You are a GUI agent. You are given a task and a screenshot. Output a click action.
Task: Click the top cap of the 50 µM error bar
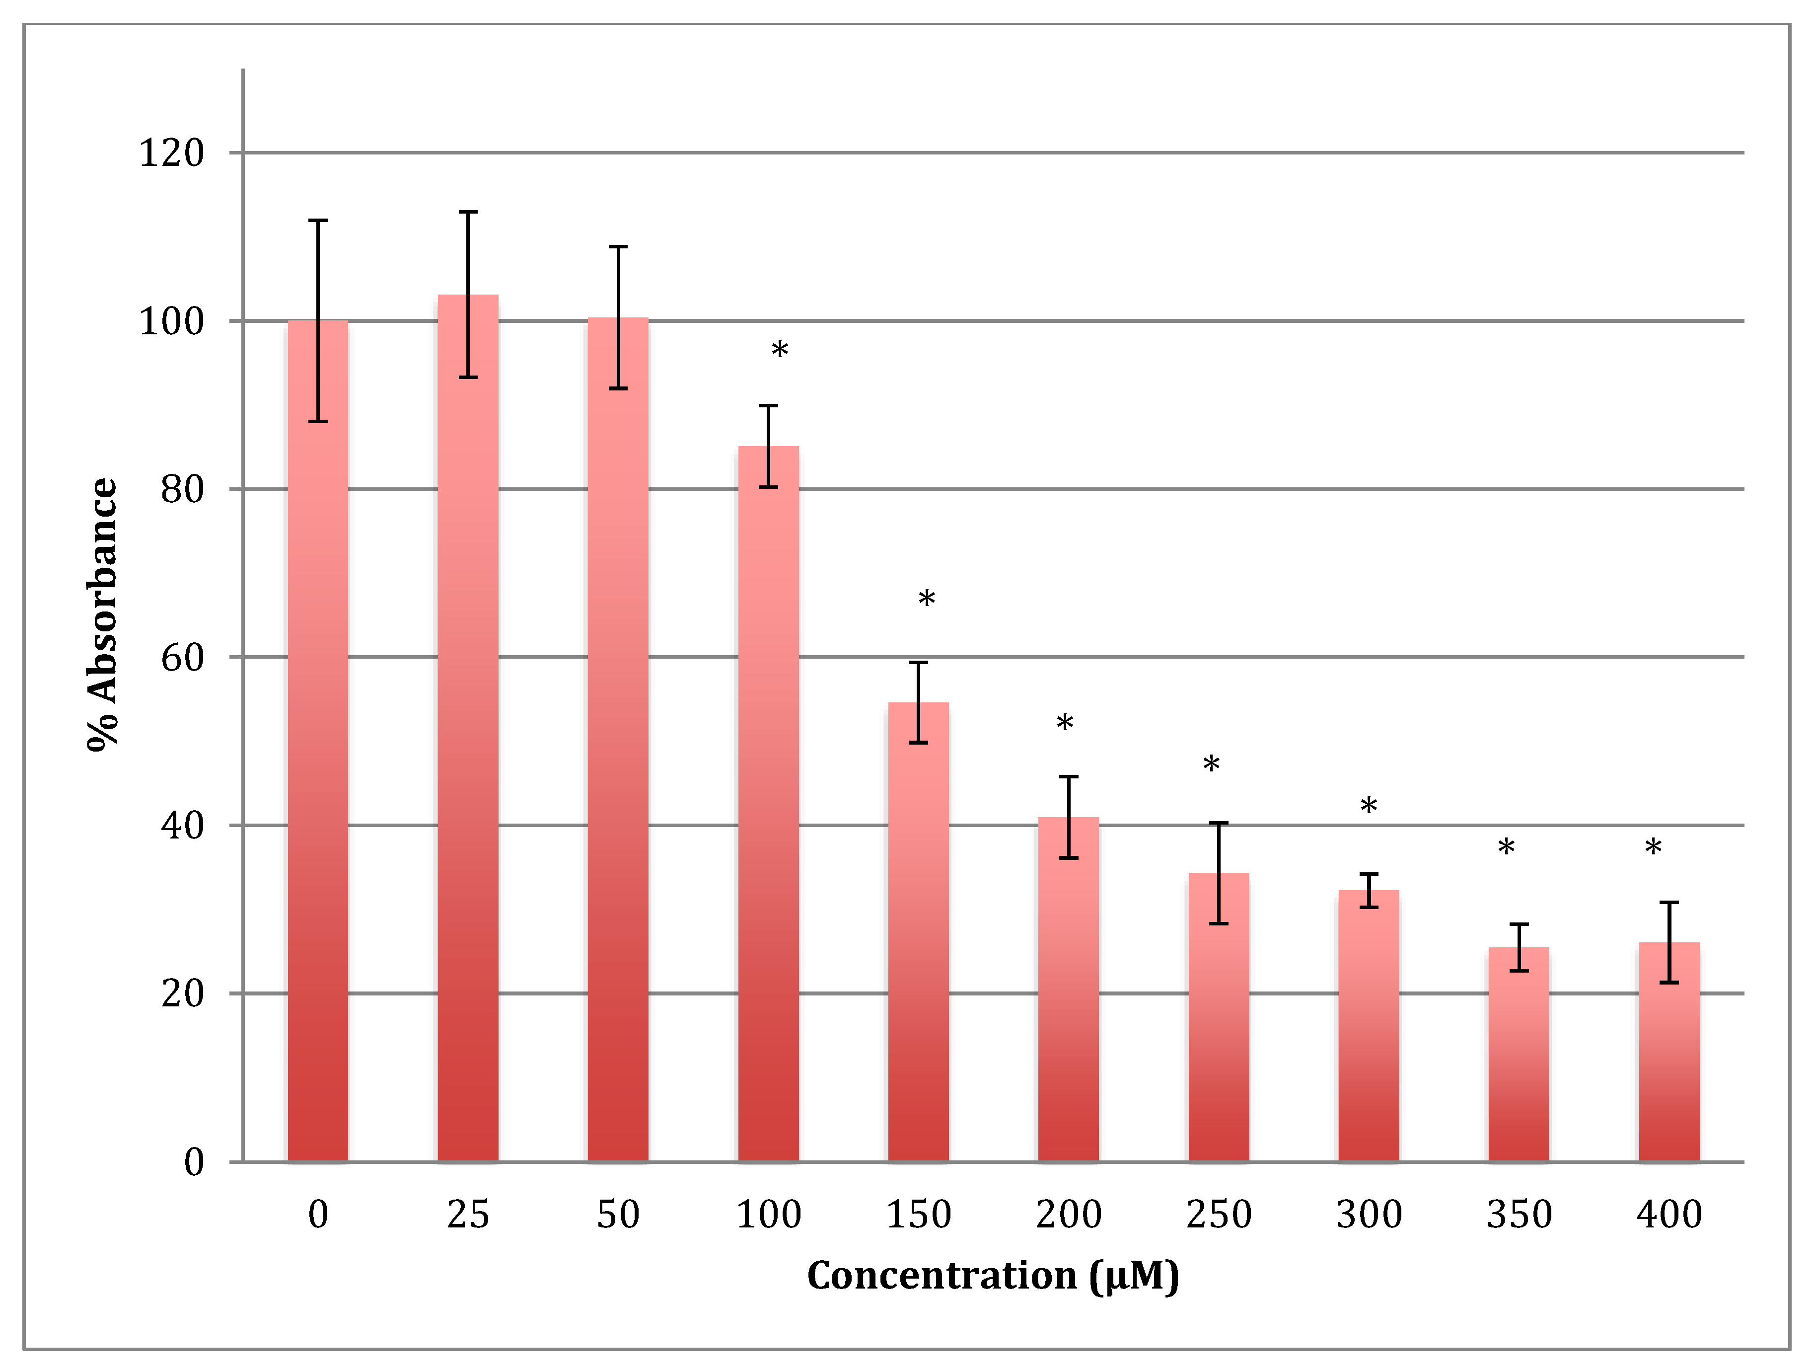[618, 246]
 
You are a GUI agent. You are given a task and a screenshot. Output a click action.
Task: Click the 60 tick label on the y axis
[182, 657]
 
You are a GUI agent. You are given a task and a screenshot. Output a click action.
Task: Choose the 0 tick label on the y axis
[194, 1162]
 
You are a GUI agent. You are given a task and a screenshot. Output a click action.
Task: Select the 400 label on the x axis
[1669, 1215]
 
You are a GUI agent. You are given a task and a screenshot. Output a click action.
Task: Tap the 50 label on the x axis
[618, 1215]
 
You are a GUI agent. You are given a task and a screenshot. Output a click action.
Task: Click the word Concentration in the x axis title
[942, 1276]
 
